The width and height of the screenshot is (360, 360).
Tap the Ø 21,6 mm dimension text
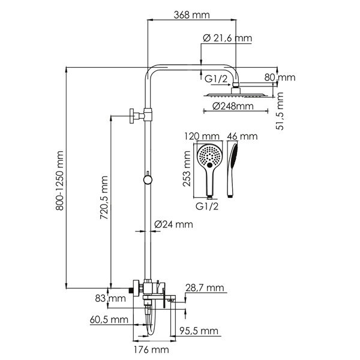(227, 38)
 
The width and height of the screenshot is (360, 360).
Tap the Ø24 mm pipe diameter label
(173, 224)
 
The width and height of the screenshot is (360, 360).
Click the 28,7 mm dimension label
(205, 289)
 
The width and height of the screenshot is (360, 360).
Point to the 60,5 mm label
(110, 319)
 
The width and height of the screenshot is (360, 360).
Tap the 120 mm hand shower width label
(202, 136)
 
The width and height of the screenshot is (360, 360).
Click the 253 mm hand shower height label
(187, 170)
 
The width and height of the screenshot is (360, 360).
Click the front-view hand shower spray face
(210, 157)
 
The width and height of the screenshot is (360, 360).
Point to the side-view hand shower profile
(234, 168)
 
